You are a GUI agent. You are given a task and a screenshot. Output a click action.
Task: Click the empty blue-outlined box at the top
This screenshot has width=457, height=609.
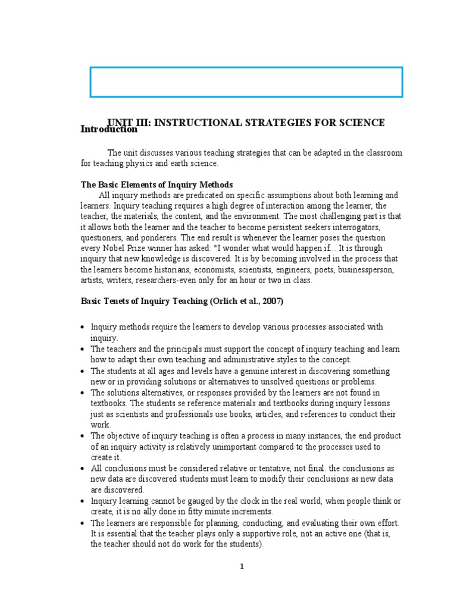click(x=246, y=82)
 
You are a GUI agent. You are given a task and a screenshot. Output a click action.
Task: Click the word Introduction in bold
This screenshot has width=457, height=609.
click(x=109, y=129)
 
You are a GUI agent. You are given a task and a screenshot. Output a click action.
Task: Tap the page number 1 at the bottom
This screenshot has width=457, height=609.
click(x=242, y=567)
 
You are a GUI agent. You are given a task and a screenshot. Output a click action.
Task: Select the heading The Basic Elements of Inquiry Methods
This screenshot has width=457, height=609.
click(x=156, y=184)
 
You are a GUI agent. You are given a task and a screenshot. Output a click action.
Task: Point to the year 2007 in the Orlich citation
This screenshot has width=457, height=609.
click(x=272, y=301)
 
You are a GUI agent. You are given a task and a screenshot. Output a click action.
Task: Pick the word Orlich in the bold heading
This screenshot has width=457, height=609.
click(x=226, y=301)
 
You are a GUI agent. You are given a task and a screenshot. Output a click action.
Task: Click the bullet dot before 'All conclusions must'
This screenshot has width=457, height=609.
click(x=83, y=469)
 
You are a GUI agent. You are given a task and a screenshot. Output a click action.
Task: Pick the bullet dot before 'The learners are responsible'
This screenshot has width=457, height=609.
click(x=83, y=523)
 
